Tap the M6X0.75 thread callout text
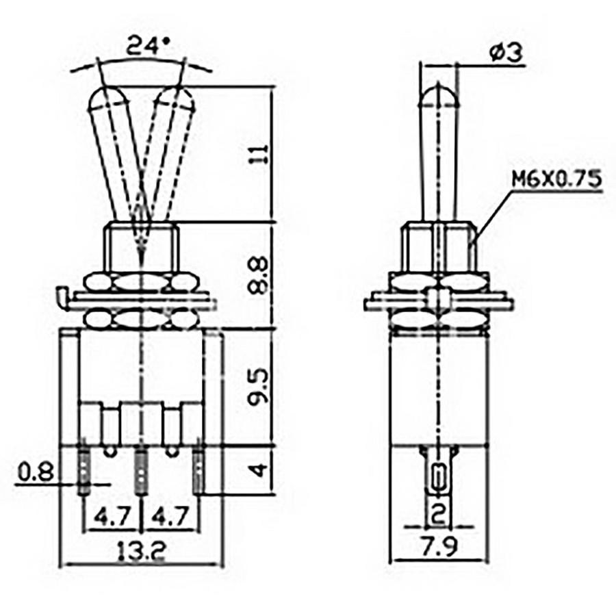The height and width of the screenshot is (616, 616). pyautogui.click(x=556, y=179)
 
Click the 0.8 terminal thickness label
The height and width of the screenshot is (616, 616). pyautogui.click(x=33, y=471)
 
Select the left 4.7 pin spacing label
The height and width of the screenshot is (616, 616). pyautogui.click(x=112, y=515)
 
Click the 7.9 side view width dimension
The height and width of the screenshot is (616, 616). pyautogui.click(x=438, y=548)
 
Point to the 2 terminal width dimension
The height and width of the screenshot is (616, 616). pyautogui.click(x=439, y=511)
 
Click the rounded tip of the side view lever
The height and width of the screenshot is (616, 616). pyautogui.click(x=438, y=92)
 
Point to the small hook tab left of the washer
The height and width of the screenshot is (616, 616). pyautogui.click(x=61, y=297)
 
